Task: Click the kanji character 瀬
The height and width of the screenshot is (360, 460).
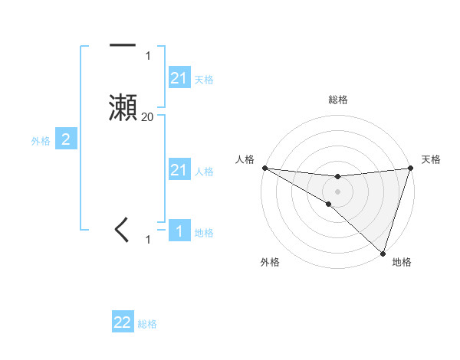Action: (123, 107)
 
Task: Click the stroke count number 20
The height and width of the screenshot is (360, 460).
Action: (147, 117)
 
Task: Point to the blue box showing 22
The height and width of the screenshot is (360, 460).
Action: (123, 322)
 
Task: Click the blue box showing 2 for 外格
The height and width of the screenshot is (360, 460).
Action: (66, 139)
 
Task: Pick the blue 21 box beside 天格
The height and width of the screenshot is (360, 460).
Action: (179, 78)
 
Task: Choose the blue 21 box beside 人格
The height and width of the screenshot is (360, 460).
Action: (179, 170)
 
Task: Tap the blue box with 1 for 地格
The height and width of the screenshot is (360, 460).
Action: (179, 231)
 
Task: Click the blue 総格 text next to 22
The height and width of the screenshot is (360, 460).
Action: (147, 324)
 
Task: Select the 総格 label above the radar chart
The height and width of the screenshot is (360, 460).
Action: (338, 100)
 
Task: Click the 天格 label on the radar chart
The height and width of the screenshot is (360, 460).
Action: (431, 159)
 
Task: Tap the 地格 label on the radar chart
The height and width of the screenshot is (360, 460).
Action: (402, 262)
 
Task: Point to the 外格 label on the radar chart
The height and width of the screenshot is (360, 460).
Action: (270, 262)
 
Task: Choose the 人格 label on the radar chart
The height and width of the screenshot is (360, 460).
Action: (245, 159)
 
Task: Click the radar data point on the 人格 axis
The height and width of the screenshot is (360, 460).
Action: (264, 167)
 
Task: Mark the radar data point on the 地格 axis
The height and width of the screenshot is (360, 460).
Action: (383, 253)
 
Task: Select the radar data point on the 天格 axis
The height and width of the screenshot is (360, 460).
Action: (411, 168)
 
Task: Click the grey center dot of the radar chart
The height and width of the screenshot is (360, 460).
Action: (338, 191)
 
